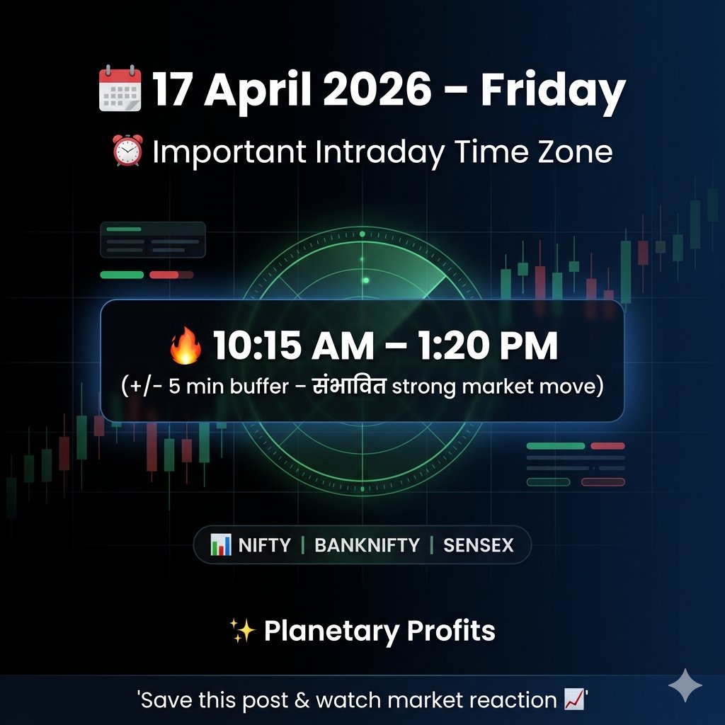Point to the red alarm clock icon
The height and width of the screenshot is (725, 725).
coord(128,152)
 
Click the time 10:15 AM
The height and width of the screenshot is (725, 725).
coord(292,346)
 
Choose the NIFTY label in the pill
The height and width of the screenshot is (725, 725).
coord(265,545)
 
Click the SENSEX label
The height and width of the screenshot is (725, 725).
coord(479,545)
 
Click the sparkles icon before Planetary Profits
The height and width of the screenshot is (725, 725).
coord(243,629)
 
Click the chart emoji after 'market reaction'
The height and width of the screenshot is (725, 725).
coord(574,700)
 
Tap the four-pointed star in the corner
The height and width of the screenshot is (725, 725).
coord(685,685)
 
